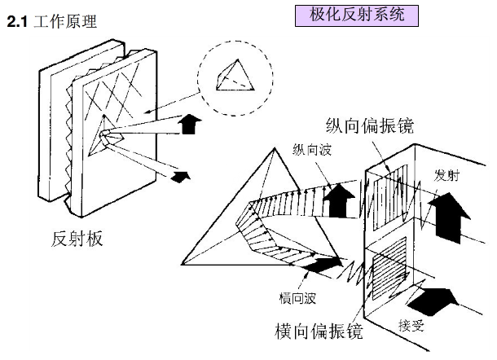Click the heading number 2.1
point(17,21)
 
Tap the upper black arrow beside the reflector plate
point(188,123)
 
